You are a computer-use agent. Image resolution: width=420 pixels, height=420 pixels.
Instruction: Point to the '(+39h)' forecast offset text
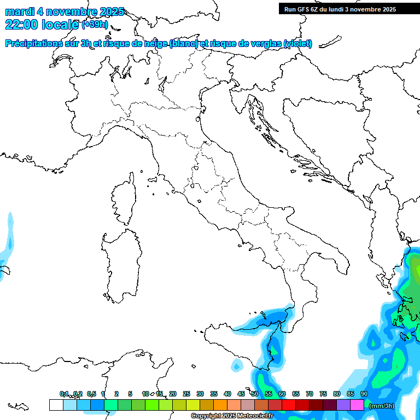tap(95, 25)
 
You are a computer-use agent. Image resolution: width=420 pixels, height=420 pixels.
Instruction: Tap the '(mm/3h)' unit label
tap(382, 406)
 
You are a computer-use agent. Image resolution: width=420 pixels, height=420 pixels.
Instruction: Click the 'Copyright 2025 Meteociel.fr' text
tap(232, 416)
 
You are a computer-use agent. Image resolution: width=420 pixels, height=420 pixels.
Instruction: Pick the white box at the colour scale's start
tap(56, 405)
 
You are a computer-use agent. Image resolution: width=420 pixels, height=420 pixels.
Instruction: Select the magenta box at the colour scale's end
tap(357, 405)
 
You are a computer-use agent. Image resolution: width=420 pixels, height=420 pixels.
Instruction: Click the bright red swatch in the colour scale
tap(289, 405)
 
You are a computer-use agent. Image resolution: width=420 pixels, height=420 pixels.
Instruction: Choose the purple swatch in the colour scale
tap(343, 405)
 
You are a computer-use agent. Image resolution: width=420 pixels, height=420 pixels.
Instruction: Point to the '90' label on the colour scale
tap(364, 394)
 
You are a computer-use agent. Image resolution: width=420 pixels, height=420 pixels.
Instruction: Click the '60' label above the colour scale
tap(282, 394)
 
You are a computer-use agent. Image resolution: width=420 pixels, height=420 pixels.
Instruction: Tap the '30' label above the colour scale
tap(200, 394)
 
